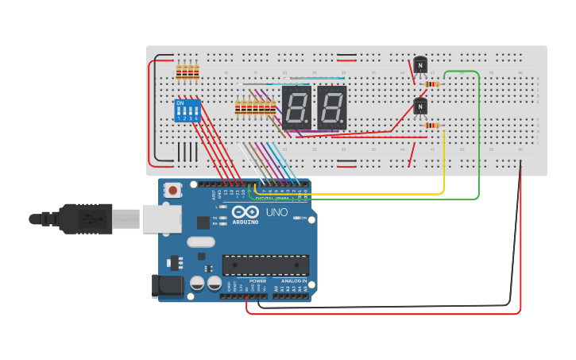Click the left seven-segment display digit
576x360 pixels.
[296, 107]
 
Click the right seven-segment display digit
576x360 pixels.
[332, 107]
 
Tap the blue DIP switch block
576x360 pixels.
[186, 110]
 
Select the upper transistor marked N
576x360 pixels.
[420, 64]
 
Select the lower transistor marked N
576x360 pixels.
[420, 106]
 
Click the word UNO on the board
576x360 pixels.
[276, 212]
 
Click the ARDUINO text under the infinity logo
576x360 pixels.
[245, 222]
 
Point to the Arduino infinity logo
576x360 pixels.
[245, 212]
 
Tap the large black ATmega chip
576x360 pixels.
[265, 265]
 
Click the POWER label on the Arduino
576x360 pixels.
[258, 281]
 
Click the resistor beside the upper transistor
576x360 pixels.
[432, 83]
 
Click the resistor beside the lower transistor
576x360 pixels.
[432, 125]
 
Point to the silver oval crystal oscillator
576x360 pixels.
[201, 243]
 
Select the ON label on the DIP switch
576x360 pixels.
[180, 103]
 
